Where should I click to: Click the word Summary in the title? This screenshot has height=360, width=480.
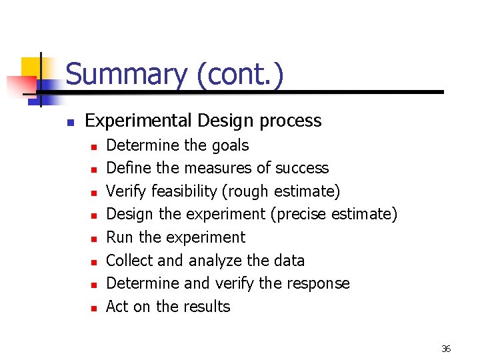point(127,74)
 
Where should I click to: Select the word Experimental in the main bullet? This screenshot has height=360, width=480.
point(139,121)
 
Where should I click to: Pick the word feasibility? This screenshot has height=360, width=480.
point(184,191)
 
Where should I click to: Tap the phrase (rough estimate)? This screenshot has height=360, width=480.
point(281,191)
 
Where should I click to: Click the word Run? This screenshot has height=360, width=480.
point(121,237)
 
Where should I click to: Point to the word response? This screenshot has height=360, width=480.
point(317,283)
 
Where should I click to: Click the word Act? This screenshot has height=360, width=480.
point(117,307)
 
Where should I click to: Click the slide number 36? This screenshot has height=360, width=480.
point(446,349)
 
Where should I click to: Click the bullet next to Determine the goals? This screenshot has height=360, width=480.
point(95,147)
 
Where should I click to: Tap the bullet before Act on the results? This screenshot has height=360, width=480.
point(95,308)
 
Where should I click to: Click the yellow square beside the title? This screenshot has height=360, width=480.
point(31,67)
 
